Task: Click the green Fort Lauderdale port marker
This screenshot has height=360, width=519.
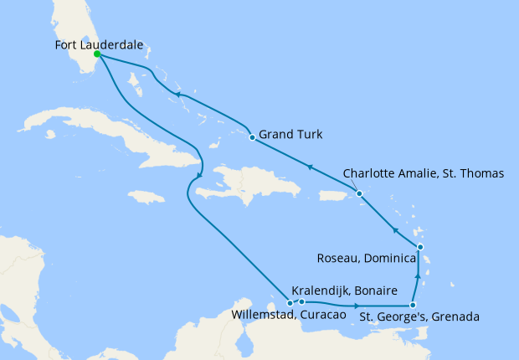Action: coord(97,54)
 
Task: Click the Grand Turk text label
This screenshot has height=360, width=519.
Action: coord(291,134)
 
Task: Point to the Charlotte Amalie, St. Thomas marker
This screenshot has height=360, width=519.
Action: coord(360,194)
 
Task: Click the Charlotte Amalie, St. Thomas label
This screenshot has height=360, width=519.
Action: coord(424,174)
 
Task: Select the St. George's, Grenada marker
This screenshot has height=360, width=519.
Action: coord(413,306)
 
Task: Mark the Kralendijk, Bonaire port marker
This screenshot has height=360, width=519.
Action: coord(301,301)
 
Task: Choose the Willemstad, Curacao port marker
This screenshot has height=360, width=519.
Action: coord(290,303)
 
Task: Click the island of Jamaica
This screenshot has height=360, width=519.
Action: coord(146,197)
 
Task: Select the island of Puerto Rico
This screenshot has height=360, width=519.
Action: coord(335,194)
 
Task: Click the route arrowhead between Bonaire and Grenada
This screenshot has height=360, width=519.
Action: coord(359,306)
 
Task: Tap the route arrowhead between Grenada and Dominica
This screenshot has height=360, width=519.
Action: coord(417,274)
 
